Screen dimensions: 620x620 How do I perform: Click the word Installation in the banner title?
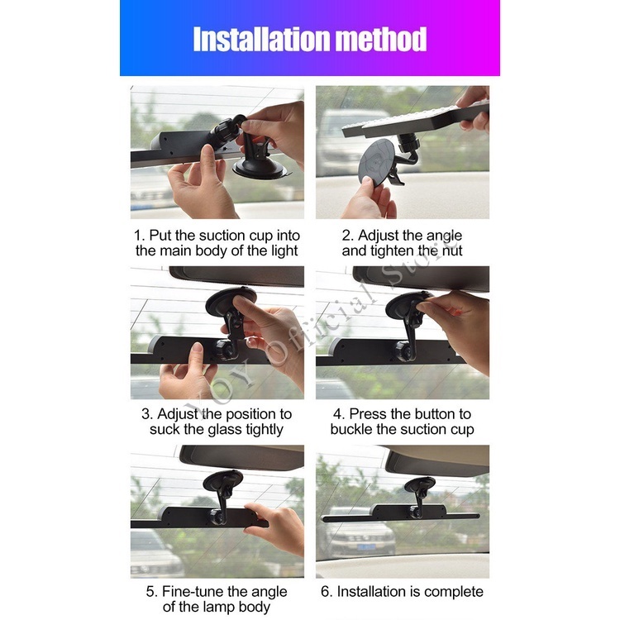point(262,39)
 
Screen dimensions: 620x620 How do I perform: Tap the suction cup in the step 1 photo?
point(260,165)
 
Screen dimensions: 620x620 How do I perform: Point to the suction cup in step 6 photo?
point(419,484)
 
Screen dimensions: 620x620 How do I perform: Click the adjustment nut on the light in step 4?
point(403,351)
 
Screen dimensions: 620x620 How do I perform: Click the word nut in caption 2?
point(451,250)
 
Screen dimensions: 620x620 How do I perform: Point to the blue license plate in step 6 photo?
point(366,547)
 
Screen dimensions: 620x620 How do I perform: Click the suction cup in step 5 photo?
point(222,480)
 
